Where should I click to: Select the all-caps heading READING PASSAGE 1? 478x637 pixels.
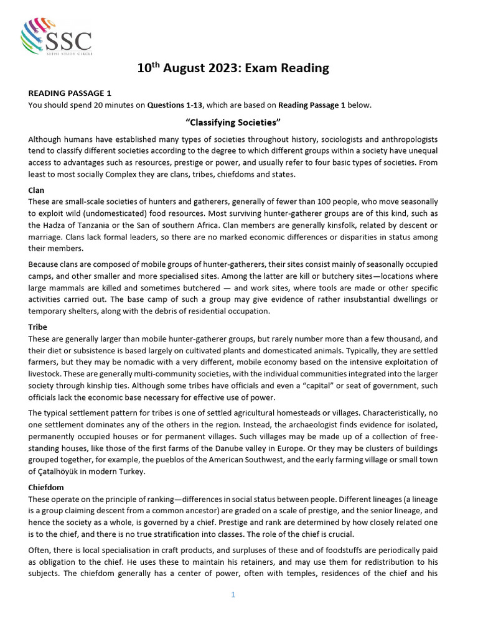68,93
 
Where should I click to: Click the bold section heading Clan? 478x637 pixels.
36,189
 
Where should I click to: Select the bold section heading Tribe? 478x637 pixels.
37,327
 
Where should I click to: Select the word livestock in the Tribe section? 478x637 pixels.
46,374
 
